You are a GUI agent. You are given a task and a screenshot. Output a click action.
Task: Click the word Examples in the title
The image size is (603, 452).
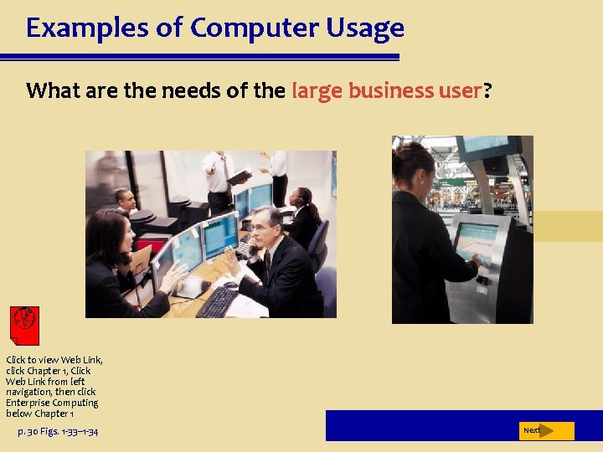coord(75,28)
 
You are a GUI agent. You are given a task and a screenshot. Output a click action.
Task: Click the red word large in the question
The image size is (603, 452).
coord(317,90)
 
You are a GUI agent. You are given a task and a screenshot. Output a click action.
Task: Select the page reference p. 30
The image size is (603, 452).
coord(33,431)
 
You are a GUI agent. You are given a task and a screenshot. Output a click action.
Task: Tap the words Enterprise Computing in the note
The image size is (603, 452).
coord(52,403)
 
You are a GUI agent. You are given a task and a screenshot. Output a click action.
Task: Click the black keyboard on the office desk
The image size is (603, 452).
coord(219,301)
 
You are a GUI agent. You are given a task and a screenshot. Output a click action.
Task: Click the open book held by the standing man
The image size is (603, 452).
coord(239,177)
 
